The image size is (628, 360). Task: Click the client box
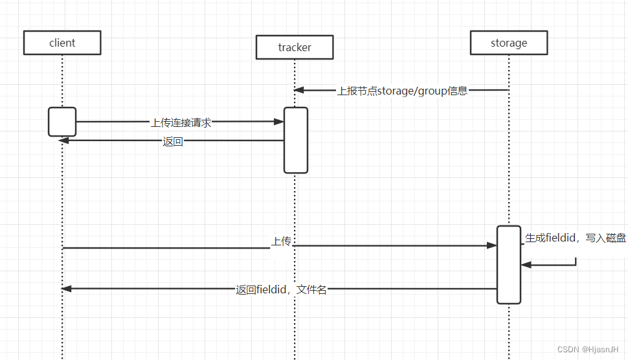[62, 43]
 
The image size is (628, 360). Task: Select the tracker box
[295, 47]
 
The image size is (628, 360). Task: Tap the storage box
[509, 43]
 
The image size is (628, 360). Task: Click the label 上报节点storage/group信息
[402, 91]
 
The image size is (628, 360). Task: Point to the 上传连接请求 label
[181, 122]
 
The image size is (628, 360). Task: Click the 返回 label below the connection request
[173, 142]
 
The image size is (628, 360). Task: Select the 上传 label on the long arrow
[281, 242]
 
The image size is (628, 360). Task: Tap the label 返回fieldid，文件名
[281, 289]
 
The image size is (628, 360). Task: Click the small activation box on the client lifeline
[62, 122]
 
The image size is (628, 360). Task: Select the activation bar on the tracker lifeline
[295, 140]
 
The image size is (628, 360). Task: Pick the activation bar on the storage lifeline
[509, 264]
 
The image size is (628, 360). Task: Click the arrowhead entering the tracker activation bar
[279, 121]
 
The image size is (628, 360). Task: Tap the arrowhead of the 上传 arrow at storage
[492, 245]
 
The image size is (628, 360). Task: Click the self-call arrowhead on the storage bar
[526, 264]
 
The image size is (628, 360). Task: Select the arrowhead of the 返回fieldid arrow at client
[66, 289]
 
